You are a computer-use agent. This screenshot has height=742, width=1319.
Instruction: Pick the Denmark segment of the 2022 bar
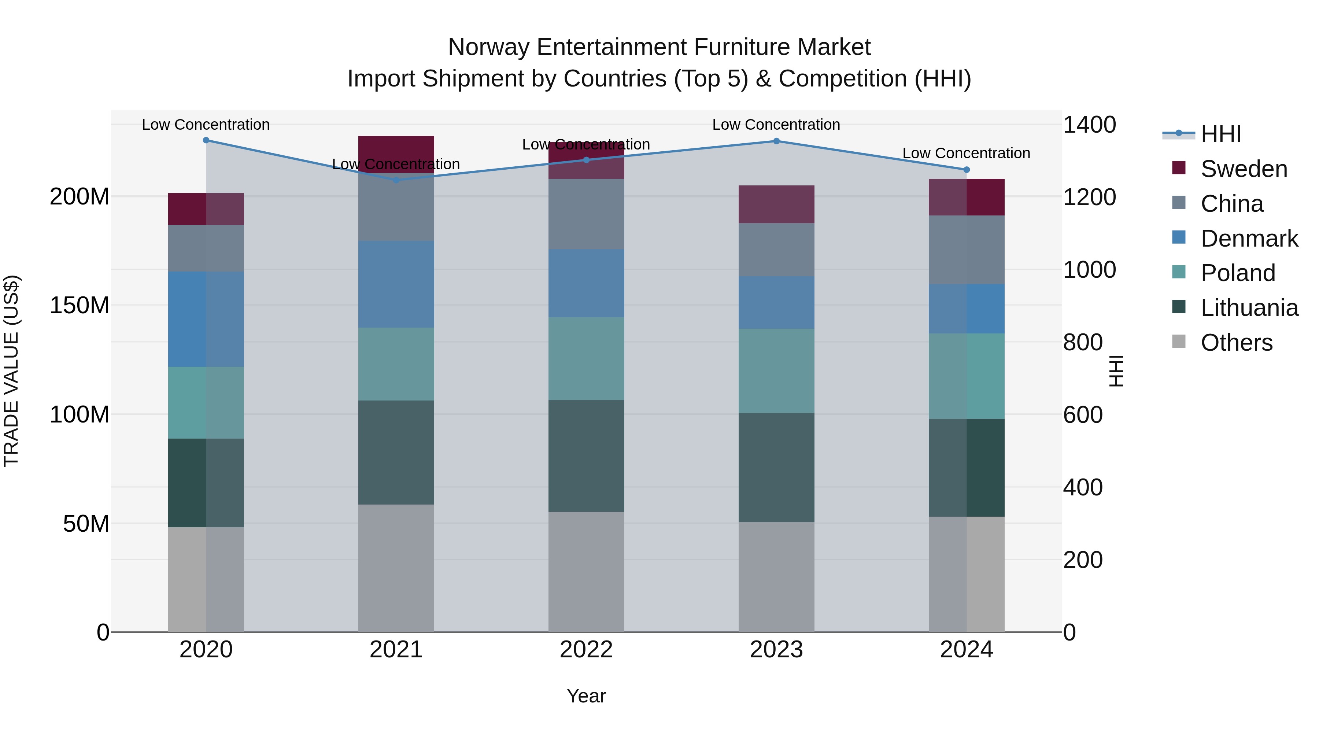coord(586,283)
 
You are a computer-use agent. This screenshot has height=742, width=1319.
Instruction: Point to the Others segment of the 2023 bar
coord(776,577)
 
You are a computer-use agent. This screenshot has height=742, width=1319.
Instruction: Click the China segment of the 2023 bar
coord(776,250)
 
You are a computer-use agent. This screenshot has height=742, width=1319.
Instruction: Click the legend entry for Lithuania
coord(1249,308)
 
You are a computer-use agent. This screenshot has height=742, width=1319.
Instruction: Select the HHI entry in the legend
coord(1221,134)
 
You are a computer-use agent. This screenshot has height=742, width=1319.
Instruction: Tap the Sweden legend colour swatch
coord(1179,168)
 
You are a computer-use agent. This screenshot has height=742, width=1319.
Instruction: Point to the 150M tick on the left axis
coord(80,305)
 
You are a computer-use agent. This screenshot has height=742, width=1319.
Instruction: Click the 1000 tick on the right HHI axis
coord(1089,270)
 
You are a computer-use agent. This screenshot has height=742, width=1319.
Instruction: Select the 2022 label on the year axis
coord(586,650)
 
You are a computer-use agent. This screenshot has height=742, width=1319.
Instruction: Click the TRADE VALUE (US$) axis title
coord(11,371)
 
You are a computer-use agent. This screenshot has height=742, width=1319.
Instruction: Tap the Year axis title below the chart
coord(586,696)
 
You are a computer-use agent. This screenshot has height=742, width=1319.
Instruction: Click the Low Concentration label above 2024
coord(966,153)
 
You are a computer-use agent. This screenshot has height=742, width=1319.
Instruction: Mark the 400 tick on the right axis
coord(1082,487)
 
